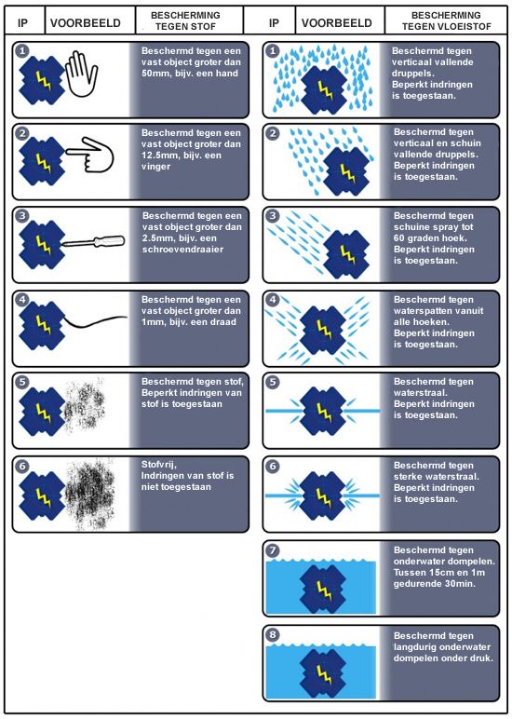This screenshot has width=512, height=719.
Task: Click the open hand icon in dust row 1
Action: [x=82, y=74]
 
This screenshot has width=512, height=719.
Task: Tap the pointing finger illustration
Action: [x=90, y=155]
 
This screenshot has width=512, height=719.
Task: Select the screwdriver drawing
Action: [x=93, y=241]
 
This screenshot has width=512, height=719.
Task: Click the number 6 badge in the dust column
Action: [x=22, y=467]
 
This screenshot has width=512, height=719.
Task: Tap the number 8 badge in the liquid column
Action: [x=273, y=635]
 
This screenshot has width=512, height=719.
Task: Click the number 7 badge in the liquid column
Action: [x=273, y=549]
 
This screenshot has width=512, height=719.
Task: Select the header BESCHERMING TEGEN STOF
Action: [x=185, y=21]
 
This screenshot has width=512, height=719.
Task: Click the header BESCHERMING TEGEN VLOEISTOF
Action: [x=447, y=21]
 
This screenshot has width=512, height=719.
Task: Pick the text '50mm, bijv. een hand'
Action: [x=190, y=74]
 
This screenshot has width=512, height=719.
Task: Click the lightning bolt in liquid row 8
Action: [x=324, y=672]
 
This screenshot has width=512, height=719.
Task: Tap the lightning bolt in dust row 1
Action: [x=43, y=81]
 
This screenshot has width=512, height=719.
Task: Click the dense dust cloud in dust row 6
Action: [x=89, y=494]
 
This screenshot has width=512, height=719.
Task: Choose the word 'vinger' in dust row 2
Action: [x=155, y=167]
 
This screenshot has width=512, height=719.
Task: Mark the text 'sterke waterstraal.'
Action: [x=437, y=477]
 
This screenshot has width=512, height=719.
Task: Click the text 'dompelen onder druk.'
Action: [x=443, y=658]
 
